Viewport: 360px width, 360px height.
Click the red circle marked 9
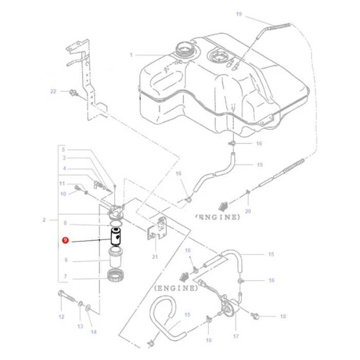pos(65,240)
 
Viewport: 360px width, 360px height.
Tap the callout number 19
pos(239,14)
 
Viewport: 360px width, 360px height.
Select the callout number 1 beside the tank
pos(131,55)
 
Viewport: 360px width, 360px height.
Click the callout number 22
pos(53,92)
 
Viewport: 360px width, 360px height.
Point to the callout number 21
pos(155,257)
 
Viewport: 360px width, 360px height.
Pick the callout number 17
pos(236,336)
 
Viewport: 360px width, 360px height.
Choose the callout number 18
pos(283,316)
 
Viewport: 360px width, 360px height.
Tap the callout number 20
pos(248,211)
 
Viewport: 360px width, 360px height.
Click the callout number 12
pos(61,317)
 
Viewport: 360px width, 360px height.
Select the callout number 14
pos(94,332)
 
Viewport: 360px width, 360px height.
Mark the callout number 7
pos(65,276)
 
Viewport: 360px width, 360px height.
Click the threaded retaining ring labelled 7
pos(116,275)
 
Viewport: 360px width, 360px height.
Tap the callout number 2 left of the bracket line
pos(44,220)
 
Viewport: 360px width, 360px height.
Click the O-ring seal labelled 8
pos(116,223)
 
